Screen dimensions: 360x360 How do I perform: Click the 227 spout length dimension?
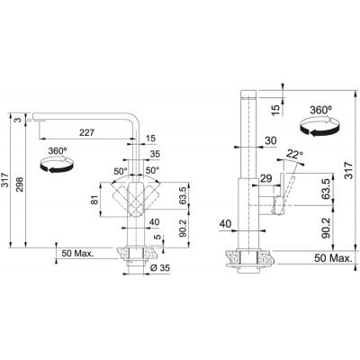(86, 132)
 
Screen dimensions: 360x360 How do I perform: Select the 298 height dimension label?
(19, 184)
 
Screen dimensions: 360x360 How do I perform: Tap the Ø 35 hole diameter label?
(159, 267)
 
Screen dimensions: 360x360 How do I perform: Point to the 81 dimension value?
(94, 200)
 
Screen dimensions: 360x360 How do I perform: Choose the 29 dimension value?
(265, 178)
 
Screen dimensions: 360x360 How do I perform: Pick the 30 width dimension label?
(271, 140)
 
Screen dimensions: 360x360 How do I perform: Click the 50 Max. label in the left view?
(77, 253)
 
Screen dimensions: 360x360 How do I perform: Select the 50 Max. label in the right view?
(333, 258)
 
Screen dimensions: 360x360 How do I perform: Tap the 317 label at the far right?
(348, 170)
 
